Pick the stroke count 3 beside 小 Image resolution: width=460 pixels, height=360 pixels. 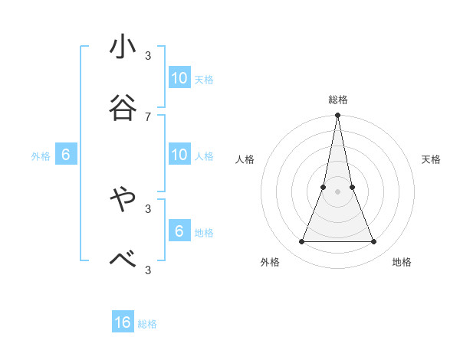(x=148, y=56)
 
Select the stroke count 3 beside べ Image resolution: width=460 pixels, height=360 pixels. (x=148, y=269)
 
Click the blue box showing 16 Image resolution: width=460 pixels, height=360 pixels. (x=123, y=322)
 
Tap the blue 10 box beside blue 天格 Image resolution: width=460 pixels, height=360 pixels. (x=179, y=78)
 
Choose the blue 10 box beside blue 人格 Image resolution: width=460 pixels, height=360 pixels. (x=179, y=155)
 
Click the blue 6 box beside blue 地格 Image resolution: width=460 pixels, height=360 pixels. (x=179, y=231)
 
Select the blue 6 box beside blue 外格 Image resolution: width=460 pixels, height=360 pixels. (x=66, y=155)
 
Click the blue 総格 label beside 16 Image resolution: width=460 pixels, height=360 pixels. (x=147, y=324)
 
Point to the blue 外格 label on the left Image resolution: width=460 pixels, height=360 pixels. (x=41, y=156)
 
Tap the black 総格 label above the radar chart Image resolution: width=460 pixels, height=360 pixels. (x=338, y=100)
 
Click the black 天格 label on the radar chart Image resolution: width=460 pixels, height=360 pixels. (x=431, y=159)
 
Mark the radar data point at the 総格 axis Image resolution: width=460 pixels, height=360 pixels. (x=338, y=116)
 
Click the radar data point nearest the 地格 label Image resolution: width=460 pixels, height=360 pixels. (x=374, y=242)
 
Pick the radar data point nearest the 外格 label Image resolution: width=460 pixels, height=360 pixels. (x=302, y=242)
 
